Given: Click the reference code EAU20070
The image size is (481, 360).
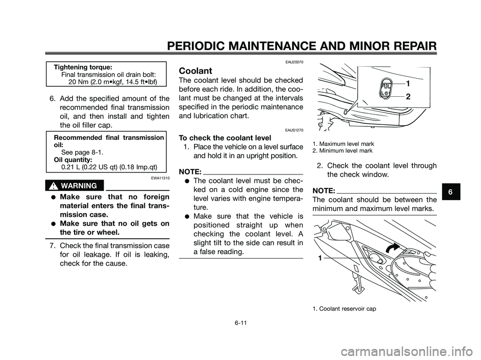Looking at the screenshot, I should [292, 62].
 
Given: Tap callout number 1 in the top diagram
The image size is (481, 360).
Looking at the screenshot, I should [408, 83].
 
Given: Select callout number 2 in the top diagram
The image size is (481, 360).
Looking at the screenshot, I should [408, 97].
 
